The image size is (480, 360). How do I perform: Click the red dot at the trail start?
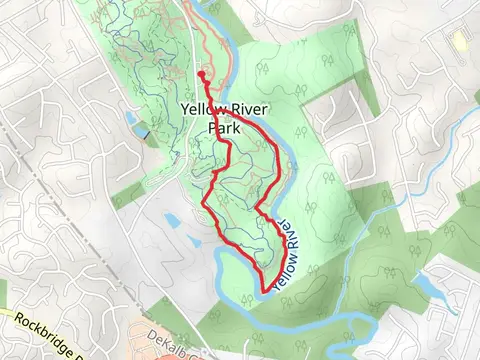tap(201, 74)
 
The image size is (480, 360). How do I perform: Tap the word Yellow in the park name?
tap(204, 110)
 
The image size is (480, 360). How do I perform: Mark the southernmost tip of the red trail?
tap(265, 291)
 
